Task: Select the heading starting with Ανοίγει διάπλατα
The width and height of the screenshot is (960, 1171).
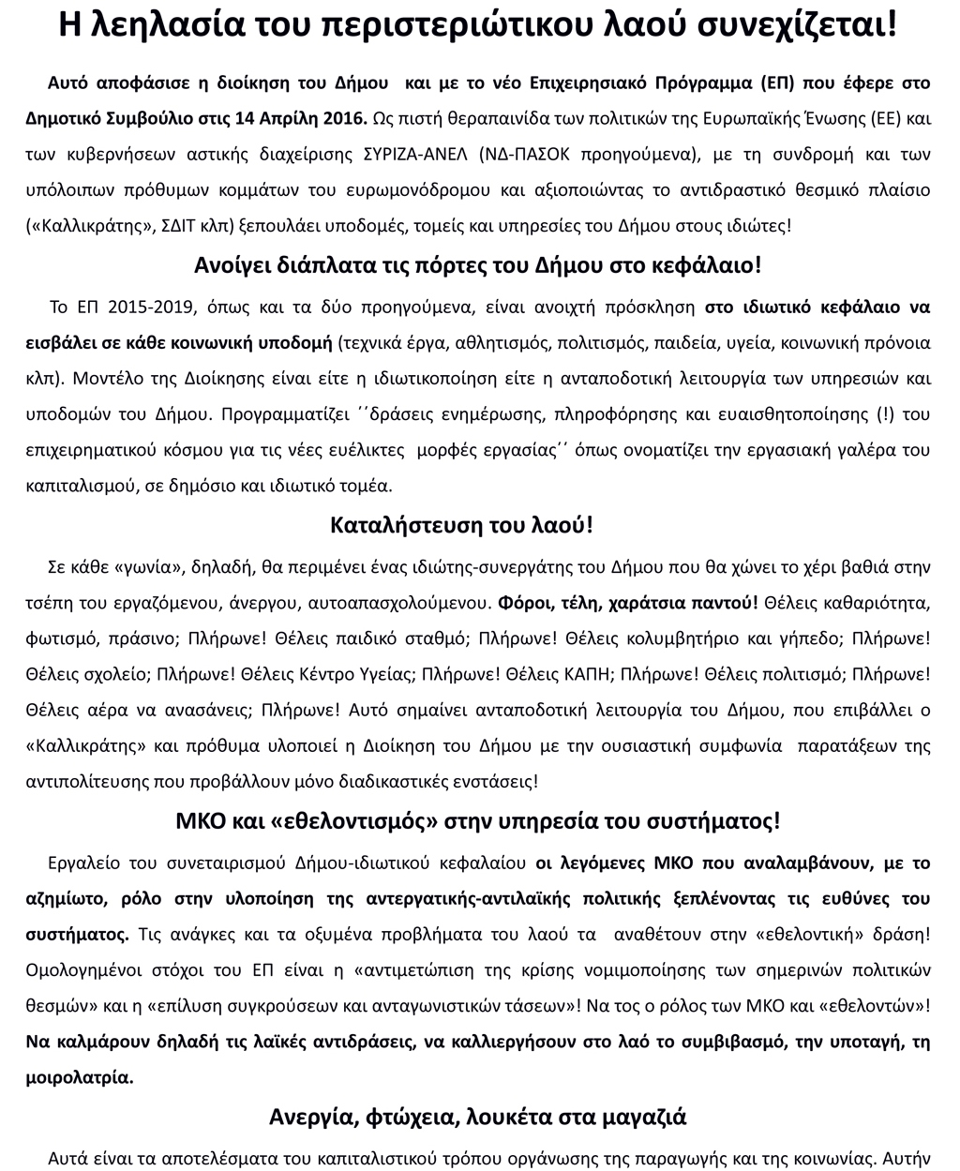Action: (479, 265)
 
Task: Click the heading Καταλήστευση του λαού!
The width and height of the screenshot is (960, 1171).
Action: (462, 525)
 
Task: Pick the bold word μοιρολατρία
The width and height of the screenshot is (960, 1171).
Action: (80, 1076)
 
